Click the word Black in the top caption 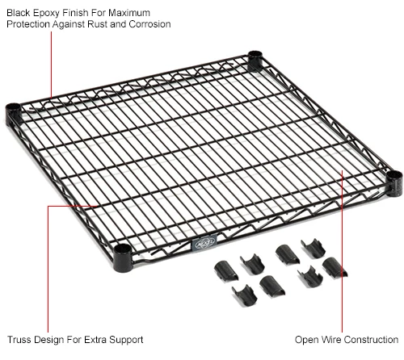(x=19, y=12)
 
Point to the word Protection (x=29, y=24)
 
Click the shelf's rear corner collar (x=255, y=59)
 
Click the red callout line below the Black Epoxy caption (x=51, y=65)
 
